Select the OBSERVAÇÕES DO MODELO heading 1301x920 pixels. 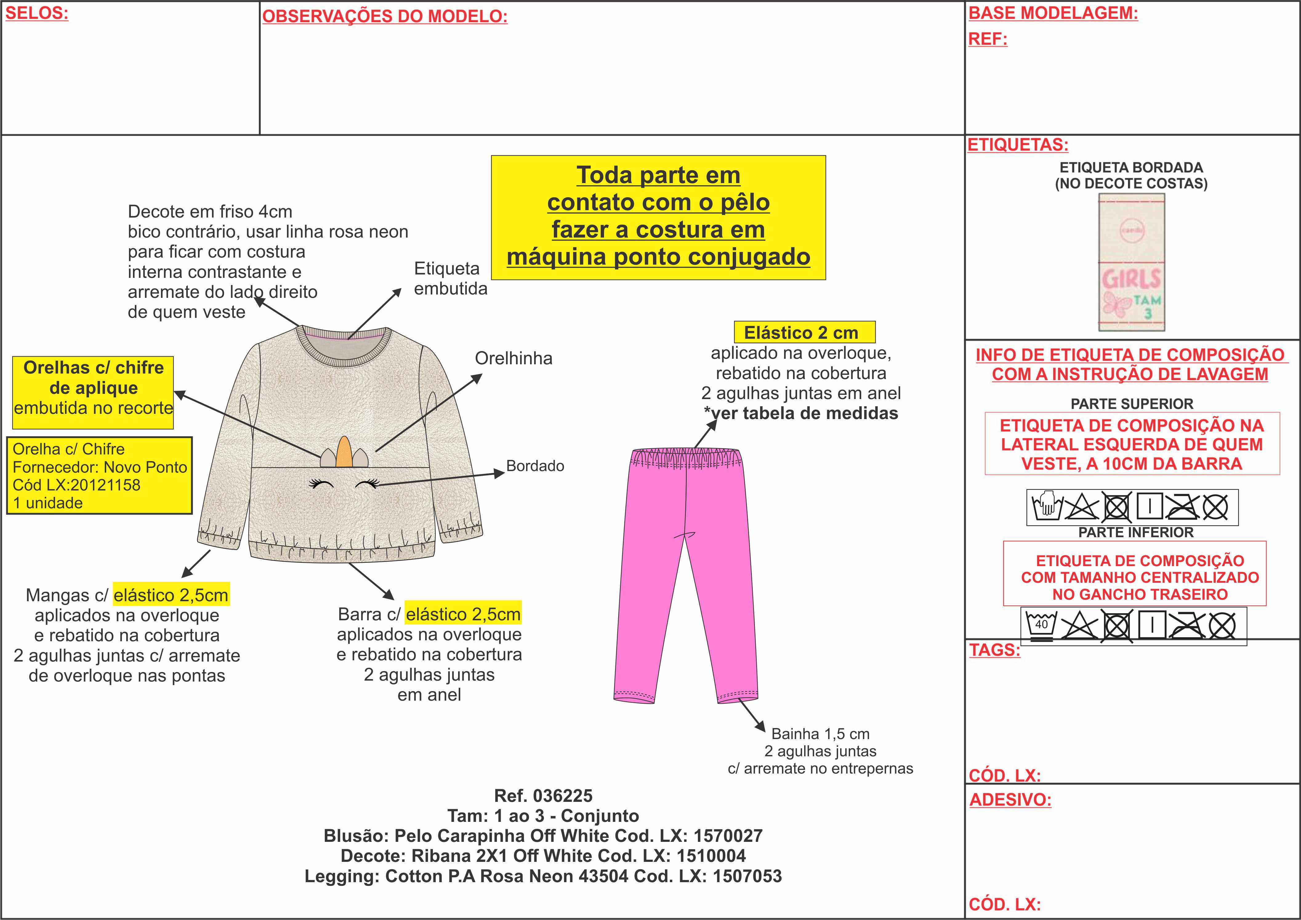tap(385, 16)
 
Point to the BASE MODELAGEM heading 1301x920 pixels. tap(1053, 13)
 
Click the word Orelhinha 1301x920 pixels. tap(514, 358)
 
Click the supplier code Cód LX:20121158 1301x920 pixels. tap(76, 485)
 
